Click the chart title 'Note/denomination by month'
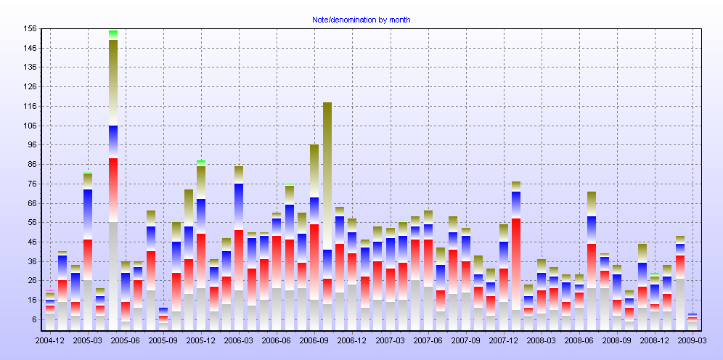coord(361,20)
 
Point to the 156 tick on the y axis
coord(30,29)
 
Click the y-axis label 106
coord(30,126)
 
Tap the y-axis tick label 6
coord(33,319)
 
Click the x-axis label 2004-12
coord(49,340)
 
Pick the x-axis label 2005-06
coord(125,340)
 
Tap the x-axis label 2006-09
coord(314,340)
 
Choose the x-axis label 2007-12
coord(504,340)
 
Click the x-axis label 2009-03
coord(693,340)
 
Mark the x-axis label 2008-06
coord(579,340)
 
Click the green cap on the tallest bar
coord(113,33)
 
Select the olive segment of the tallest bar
coord(113,80)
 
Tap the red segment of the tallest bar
coord(113,189)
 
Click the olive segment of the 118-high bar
coord(327,174)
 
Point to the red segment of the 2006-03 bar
coord(239,261)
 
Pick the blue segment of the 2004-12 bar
coord(50,302)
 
